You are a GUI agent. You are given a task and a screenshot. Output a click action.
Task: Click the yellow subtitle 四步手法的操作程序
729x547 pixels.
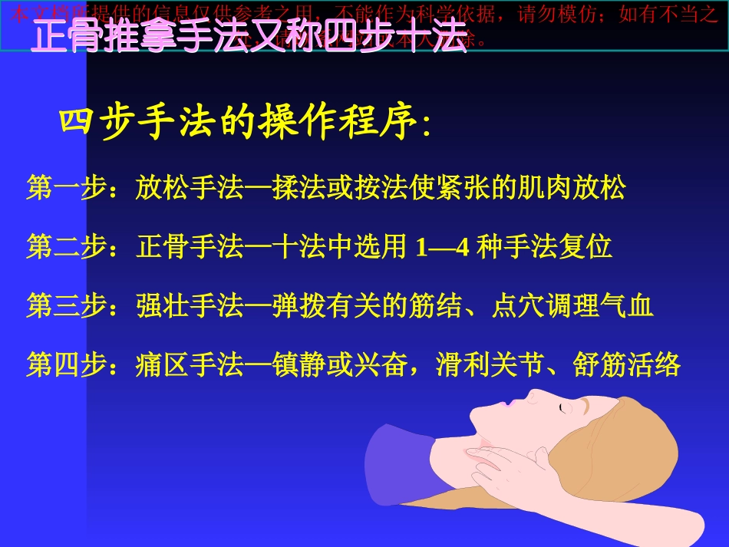[246, 123]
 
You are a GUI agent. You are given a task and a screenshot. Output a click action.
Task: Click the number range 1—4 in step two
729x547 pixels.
[441, 248]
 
